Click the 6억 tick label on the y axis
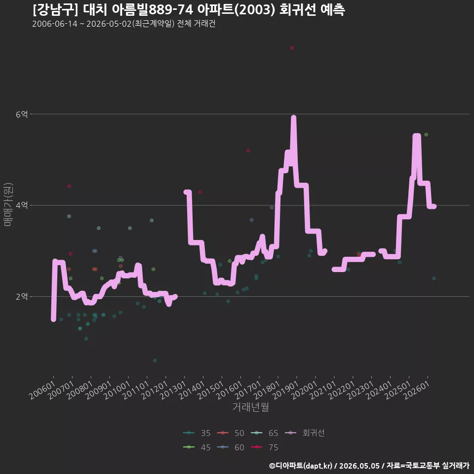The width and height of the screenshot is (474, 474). [x=22, y=114]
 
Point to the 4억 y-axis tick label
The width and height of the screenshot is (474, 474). [x=22, y=205]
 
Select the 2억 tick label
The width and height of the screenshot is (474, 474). [x=22, y=297]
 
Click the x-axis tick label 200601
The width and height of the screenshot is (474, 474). [x=43, y=390]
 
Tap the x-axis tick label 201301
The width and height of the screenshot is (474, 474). [x=174, y=390]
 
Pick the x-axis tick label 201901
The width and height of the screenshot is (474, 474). [x=286, y=390]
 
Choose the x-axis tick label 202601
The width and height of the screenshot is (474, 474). [x=417, y=390]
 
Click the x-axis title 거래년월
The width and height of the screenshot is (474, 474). [x=251, y=407]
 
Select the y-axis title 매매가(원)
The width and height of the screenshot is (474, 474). [x=8, y=204]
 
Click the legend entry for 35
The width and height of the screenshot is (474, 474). [x=197, y=433]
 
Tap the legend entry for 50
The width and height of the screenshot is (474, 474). [x=231, y=433]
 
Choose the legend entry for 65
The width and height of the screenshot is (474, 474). [x=265, y=433]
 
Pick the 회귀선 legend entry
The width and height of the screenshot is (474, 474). [x=305, y=433]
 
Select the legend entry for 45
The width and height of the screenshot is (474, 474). [x=197, y=447]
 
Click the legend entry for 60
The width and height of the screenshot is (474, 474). [x=231, y=447]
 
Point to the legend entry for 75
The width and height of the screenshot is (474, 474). [x=265, y=447]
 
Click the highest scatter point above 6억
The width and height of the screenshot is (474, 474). [x=292, y=48]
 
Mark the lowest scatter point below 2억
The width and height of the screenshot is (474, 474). [x=155, y=360]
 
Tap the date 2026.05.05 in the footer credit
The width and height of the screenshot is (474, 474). [x=359, y=466]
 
